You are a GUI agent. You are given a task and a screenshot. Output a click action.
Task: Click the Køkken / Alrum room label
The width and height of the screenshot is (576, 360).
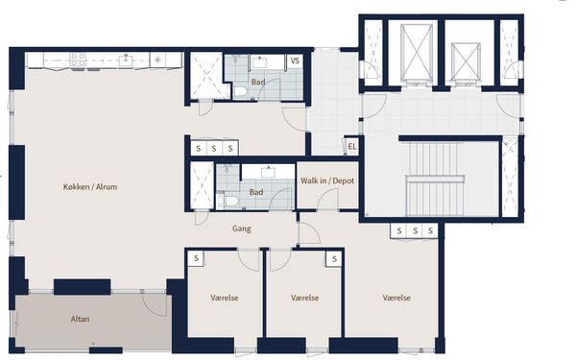[90, 187]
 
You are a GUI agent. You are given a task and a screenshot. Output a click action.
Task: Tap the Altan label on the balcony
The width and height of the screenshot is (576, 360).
[80, 319]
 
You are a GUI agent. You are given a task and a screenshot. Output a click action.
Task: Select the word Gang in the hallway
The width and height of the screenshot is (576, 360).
[242, 228]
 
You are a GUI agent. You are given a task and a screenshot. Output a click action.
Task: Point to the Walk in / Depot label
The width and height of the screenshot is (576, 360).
[327, 180]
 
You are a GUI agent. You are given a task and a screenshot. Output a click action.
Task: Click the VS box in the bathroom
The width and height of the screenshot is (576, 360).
[295, 60]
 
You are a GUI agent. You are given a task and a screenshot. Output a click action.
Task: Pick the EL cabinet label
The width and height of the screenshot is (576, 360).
[352, 147]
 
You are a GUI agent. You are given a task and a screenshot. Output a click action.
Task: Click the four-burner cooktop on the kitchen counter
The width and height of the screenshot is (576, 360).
[78, 60]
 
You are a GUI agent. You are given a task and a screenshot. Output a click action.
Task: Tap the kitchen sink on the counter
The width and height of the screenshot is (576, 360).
[125, 60]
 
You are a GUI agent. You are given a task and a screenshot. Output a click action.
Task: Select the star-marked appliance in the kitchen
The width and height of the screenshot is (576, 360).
[157, 60]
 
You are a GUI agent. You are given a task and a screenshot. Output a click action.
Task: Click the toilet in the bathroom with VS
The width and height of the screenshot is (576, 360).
[241, 92]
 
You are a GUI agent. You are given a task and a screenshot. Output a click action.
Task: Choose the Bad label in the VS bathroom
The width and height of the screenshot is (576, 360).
[258, 83]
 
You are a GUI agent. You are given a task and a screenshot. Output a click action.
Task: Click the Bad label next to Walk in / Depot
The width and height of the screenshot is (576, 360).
[256, 192]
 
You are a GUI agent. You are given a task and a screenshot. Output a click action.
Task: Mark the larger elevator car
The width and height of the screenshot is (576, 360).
[417, 52]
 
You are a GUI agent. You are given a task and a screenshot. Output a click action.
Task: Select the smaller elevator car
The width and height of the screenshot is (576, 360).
[466, 61]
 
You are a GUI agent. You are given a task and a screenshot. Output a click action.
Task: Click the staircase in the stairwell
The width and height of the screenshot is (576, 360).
[435, 179]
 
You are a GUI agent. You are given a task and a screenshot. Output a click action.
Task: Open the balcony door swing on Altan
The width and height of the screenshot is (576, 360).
[155, 304]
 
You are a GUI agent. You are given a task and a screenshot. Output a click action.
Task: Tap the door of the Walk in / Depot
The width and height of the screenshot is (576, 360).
[328, 200]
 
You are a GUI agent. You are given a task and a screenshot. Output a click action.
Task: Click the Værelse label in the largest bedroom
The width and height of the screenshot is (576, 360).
[396, 298]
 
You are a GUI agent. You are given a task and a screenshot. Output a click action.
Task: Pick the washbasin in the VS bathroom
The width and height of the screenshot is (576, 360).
[260, 61]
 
